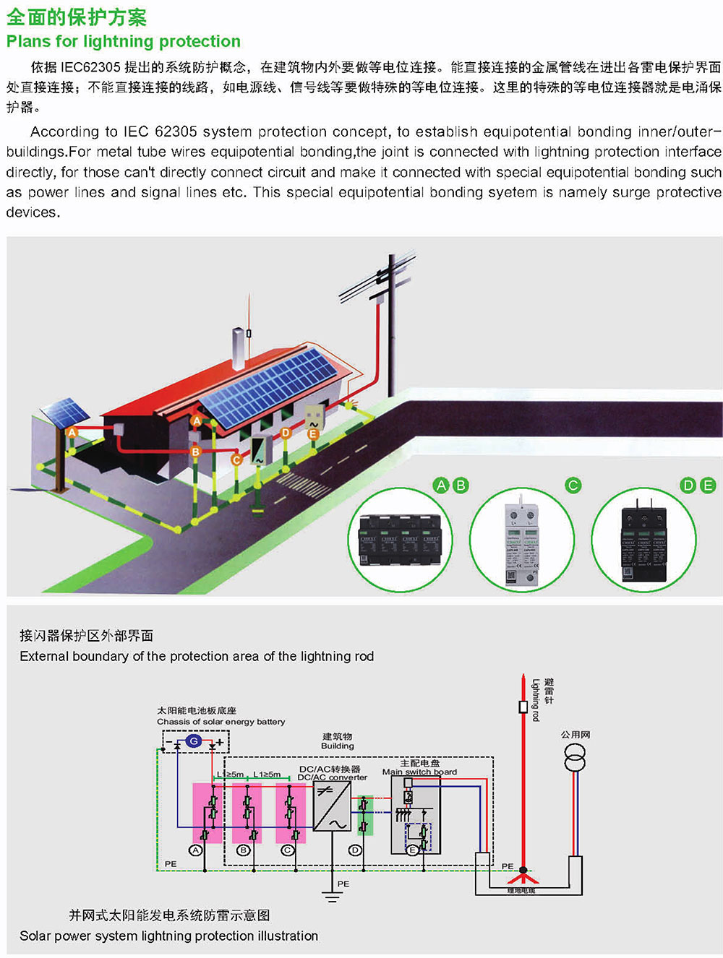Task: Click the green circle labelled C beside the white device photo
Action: [x=573, y=486]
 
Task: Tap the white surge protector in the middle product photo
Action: [x=522, y=541]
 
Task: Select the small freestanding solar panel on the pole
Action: [x=65, y=412]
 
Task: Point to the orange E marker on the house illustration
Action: [x=312, y=434]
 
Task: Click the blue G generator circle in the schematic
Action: [x=194, y=741]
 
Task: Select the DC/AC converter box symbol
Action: [x=332, y=806]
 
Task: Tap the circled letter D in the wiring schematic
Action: [x=355, y=850]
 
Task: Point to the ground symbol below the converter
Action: [x=332, y=897]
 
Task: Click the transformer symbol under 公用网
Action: [x=576, y=756]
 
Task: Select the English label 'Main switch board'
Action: [x=419, y=772]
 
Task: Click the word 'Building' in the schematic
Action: [x=338, y=746]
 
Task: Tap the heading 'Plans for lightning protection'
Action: [x=124, y=41]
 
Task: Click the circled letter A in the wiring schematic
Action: [x=195, y=850]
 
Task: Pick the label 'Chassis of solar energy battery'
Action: [x=221, y=722]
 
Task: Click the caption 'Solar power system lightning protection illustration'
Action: [x=168, y=936]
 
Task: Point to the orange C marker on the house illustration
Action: [x=236, y=459]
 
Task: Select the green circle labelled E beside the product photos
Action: [x=708, y=486]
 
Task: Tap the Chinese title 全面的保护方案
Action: [x=77, y=17]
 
